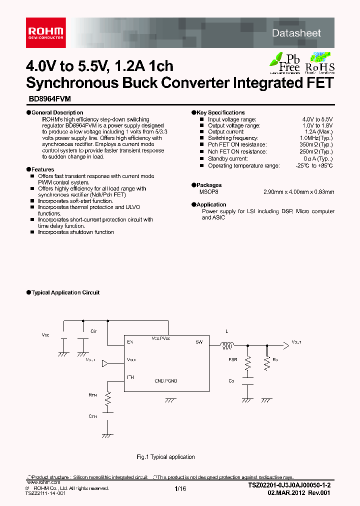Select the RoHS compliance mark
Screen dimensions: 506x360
point(320,62)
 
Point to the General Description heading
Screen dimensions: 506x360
point(57,112)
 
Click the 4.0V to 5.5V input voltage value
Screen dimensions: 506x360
point(317,119)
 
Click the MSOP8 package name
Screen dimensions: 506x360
point(209,191)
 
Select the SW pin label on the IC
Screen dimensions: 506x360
point(198,342)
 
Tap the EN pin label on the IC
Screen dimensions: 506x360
point(130,342)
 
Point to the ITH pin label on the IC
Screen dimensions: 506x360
point(130,377)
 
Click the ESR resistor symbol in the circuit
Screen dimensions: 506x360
point(247,364)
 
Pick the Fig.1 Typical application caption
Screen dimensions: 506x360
point(166,457)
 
